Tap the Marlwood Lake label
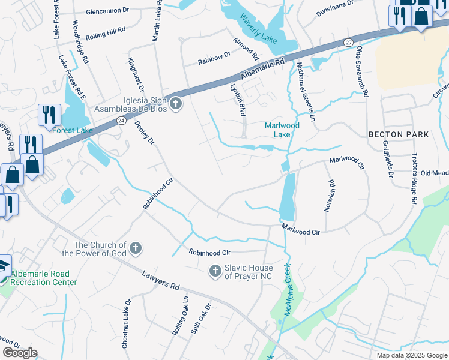(278, 130)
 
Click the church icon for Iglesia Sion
(175, 104)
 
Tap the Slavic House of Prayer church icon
(215, 272)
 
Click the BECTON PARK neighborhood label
(399, 134)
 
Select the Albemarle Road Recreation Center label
(44, 278)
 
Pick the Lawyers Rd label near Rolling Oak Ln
(162, 280)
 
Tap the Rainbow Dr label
(215, 58)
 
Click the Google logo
(20, 353)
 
